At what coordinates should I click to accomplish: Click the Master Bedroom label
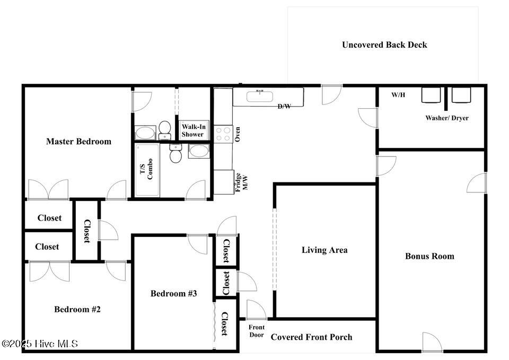pyautogui.click(x=78, y=142)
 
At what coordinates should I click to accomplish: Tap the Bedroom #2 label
pyautogui.click(x=77, y=309)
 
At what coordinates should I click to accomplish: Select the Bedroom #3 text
pyautogui.click(x=174, y=293)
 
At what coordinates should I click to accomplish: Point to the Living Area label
pyautogui.click(x=324, y=250)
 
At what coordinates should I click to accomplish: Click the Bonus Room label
pyautogui.click(x=429, y=256)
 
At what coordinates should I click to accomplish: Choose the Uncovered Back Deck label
pyautogui.click(x=384, y=45)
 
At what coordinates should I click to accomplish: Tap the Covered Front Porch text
pyautogui.click(x=311, y=337)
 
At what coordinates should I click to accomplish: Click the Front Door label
pyautogui.click(x=257, y=331)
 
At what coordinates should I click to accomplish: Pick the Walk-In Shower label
pyautogui.click(x=193, y=130)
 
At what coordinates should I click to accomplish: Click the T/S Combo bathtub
pyautogui.click(x=147, y=170)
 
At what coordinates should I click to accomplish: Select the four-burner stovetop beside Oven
pyautogui.click(x=223, y=134)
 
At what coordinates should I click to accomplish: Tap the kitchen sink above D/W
pyautogui.click(x=260, y=96)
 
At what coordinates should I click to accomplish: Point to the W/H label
pyautogui.click(x=398, y=95)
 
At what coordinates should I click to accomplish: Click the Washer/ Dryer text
pyautogui.click(x=447, y=118)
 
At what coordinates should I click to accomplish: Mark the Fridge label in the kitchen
pyautogui.click(x=238, y=182)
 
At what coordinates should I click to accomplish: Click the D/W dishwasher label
pyautogui.click(x=284, y=106)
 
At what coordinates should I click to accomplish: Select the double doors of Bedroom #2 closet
pyautogui.click(x=49, y=271)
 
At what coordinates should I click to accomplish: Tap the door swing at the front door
pyautogui.click(x=257, y=310)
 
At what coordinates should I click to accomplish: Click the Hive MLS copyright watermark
pyautogui.click(x=40, y=344)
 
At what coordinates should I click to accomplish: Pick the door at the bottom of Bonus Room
pyautogui.click(x=432, y=342)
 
